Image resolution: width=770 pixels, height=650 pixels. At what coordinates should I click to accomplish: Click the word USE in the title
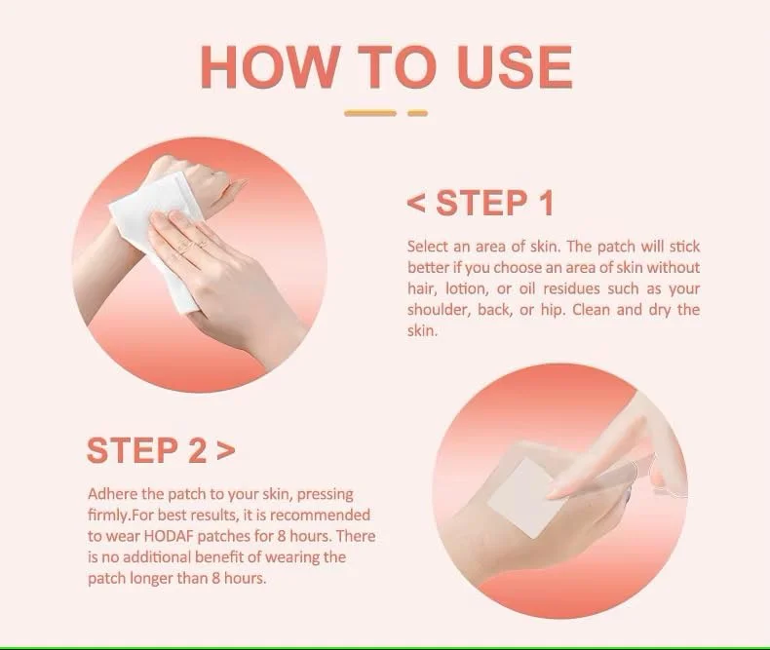tap(515, 67)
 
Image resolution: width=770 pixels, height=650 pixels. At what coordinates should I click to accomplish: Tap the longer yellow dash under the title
tap(369, 113)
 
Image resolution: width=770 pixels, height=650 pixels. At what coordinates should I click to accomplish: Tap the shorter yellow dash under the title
tap(417, 113)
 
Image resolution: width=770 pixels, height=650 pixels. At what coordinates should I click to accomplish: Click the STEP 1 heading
tap(494, 203)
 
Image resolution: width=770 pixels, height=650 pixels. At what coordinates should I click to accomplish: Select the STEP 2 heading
tap(146, 450)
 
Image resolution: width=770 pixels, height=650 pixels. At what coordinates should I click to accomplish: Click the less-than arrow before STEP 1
tap(416, 204)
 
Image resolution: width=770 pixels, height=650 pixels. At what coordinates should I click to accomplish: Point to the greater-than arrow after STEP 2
tap(225, 451)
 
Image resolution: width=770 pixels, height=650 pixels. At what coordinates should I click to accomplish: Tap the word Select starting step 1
tap(428, 247)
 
